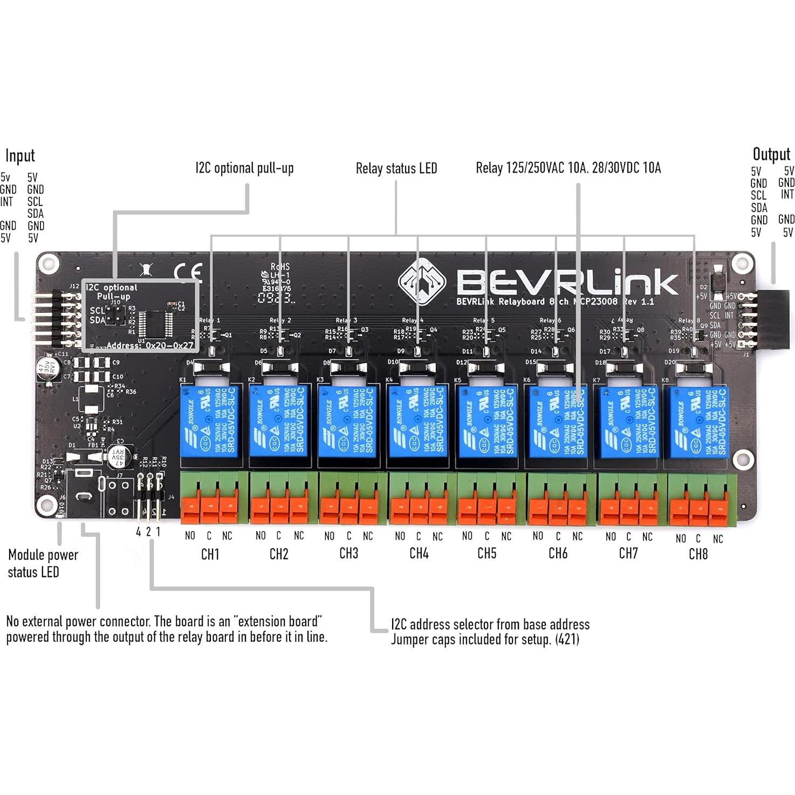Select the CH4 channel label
pos(419,553)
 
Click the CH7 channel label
pos(628,553)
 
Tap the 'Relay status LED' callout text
pos(396,169)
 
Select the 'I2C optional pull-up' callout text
pos(244,168)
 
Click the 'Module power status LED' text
pos(43,564)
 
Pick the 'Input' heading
pos(20,156)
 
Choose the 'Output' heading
pos(771,155)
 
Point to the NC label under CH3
pos(368,536)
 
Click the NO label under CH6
pos(538,536)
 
